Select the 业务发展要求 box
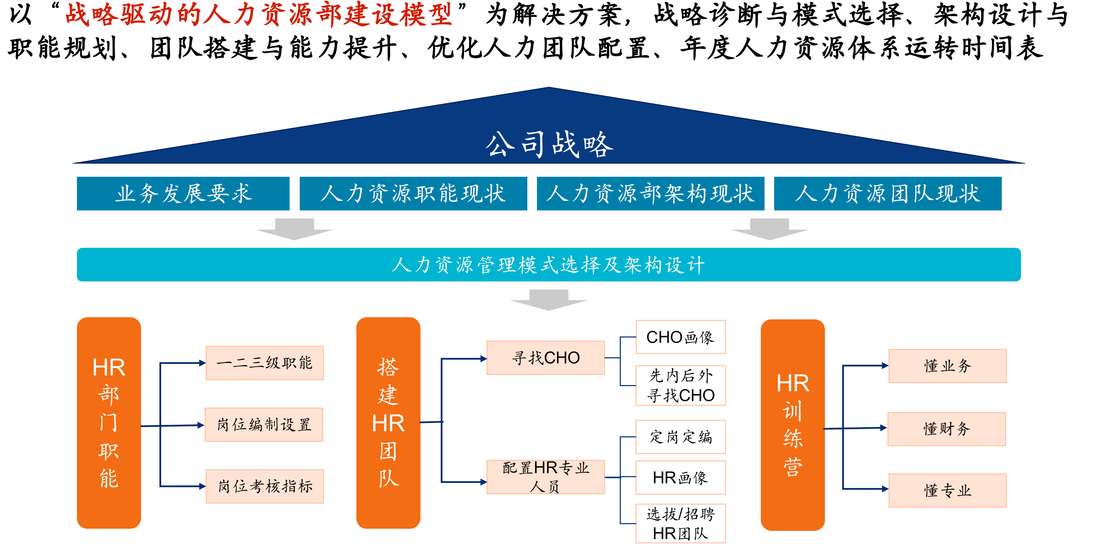183,193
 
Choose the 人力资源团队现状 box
887,193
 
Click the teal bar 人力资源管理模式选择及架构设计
549,264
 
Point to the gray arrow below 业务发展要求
294,229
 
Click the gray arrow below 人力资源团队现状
770,229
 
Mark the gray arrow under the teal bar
549,300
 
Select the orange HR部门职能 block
109,423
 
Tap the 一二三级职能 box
264,363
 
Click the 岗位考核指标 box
264,486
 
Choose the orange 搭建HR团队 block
388,423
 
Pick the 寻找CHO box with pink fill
546,358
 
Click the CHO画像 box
680,337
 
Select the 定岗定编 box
680,437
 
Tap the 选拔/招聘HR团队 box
680,523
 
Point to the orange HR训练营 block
793,425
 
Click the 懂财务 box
947,429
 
